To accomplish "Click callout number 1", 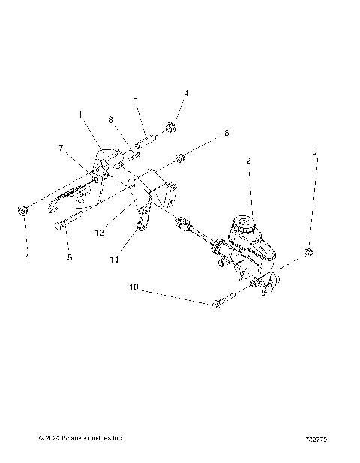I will point(79,114).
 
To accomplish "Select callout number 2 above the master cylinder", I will point(248,161).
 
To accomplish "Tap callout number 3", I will point(135,101).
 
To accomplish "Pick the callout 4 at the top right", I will point(186,93).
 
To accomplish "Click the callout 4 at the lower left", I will point(27,256).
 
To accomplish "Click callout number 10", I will point(133,286).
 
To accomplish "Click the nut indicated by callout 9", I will point(307,251).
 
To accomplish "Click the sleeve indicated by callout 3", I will point(148,139).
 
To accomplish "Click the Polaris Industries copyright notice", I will point(80,437).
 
